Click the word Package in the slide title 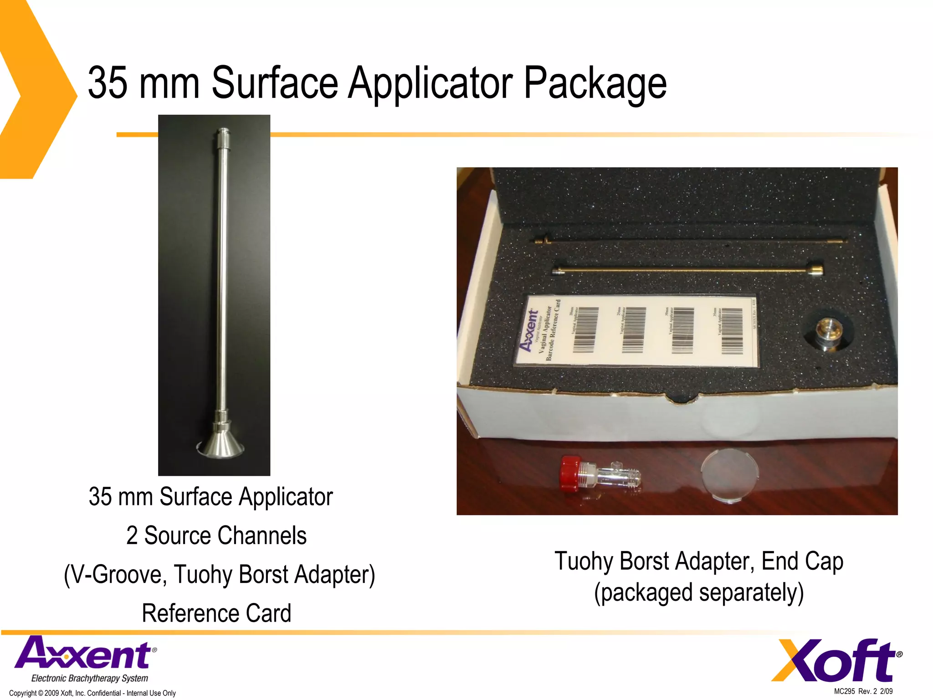[595, 83]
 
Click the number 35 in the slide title [108, 83]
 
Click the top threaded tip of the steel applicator [223, 135]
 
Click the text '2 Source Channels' [216, 535]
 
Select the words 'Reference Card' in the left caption [216, 613]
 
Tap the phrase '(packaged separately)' [699, 592]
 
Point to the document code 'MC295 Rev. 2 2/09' [863, 691]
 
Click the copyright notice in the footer [92, 693]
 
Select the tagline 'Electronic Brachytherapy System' [90, 678]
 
